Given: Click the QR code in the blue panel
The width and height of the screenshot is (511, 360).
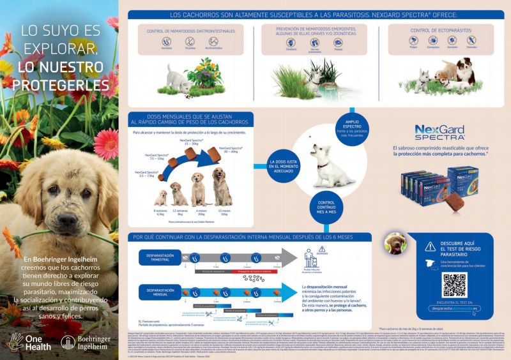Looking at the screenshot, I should pos(454,285).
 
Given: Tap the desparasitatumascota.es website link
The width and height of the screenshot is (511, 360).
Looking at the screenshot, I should pos(455,308).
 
